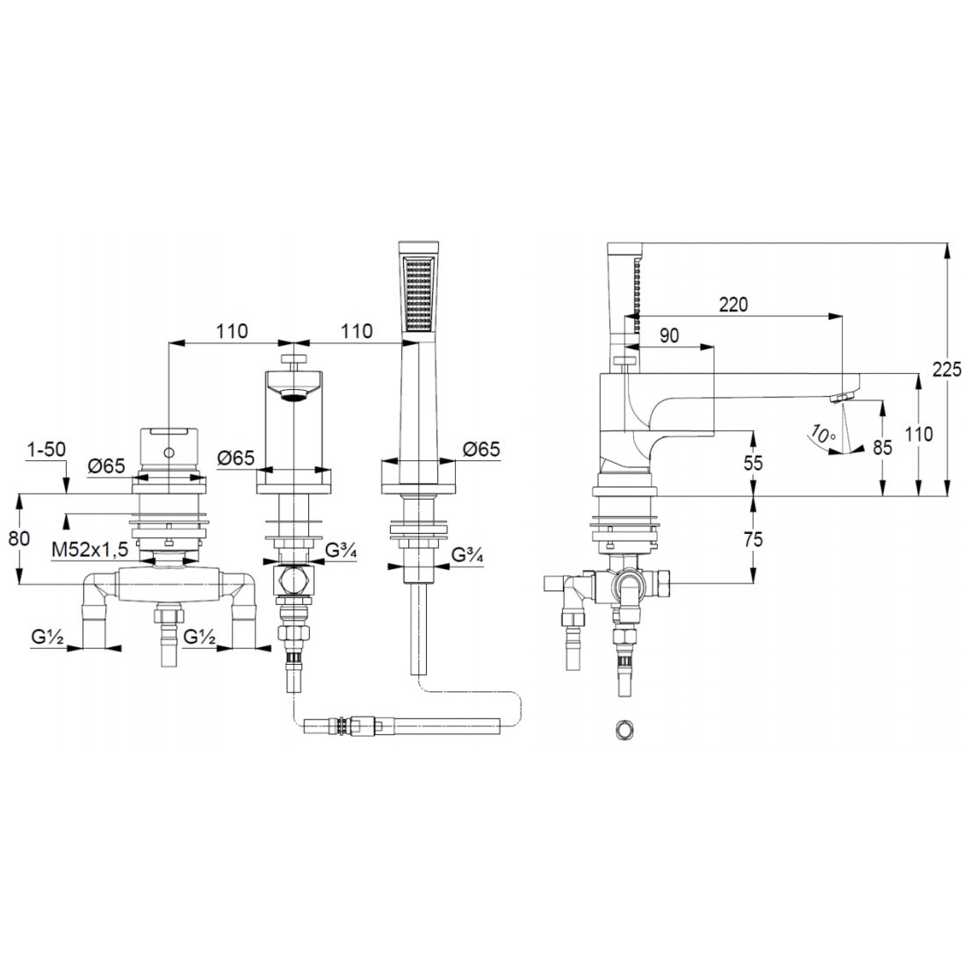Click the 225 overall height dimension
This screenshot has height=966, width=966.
pos(947,369)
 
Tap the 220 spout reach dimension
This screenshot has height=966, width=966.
pos(734,305)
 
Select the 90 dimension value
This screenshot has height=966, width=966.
pos(669,335)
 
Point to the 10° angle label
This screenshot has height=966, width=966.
pos(823,434)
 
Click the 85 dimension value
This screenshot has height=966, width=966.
pos(883,447)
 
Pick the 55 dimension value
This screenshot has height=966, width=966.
pos(753,462)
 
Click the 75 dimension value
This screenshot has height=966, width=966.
pos(753,539)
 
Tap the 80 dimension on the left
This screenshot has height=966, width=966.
pos(19,537)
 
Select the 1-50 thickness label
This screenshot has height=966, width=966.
pos(47,449)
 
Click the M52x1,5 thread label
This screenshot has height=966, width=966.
pos(90,550)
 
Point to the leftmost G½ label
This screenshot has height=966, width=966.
pos(47,638)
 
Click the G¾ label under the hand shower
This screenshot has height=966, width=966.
pos(467,554)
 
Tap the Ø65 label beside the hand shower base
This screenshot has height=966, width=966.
pos(481,449)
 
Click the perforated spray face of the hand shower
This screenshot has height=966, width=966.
pos(419,293)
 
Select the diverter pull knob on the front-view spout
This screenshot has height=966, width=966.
pos(294,360)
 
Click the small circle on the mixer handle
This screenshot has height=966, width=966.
pos(169,453)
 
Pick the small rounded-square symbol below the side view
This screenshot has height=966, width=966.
pos(624,730)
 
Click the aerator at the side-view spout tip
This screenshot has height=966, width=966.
pos(839,397)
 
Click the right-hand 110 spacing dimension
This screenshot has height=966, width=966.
pos(357,331)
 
